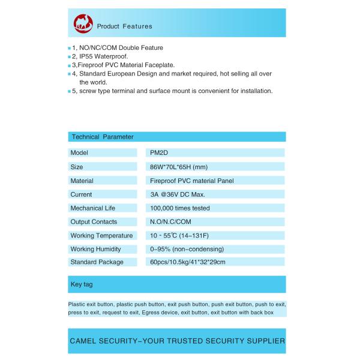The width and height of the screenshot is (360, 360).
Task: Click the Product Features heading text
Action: [124, 26]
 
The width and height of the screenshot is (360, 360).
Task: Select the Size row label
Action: [77, 167]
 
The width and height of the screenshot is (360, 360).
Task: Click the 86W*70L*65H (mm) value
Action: [179, 167]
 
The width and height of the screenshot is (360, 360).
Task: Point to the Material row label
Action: [82, 181]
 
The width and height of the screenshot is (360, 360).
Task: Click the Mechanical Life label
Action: [92, 208]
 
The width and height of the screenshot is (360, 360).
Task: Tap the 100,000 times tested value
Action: [179, 208]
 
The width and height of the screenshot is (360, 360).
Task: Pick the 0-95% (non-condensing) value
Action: [187, 249]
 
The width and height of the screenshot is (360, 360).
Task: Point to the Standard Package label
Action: [97, 262]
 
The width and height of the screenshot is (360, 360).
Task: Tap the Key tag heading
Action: [82, 284]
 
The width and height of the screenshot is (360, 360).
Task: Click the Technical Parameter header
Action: [102, 137]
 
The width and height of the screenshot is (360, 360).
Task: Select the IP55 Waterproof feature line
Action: [100, 56]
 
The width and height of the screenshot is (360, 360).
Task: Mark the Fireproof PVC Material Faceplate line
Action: [123, 64]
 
